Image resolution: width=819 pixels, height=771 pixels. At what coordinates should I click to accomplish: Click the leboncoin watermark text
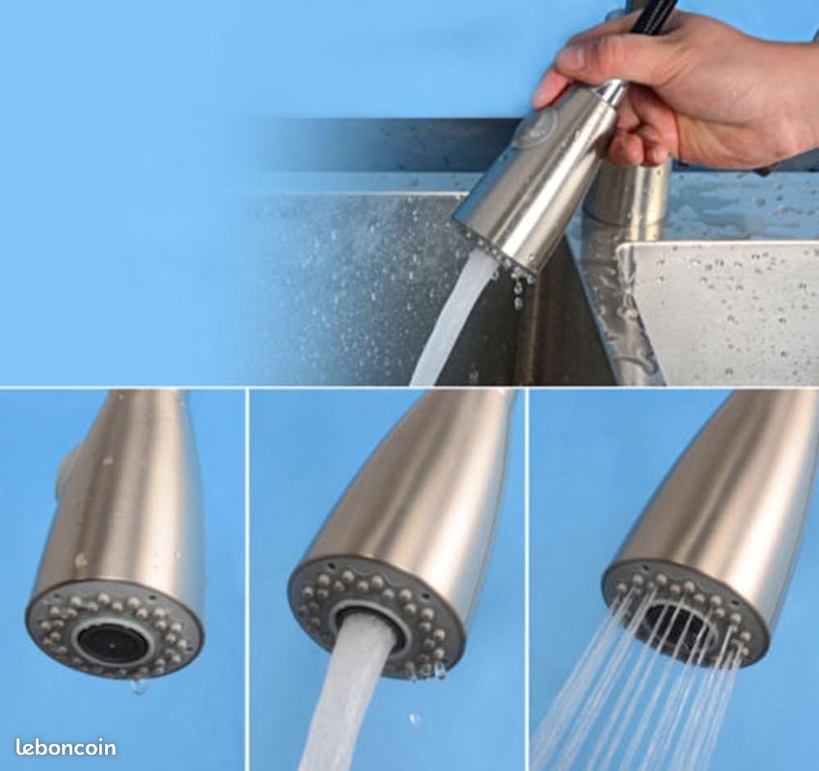click(x=66, y=747)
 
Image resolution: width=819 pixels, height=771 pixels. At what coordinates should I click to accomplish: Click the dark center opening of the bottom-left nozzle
click(x=112, y=642)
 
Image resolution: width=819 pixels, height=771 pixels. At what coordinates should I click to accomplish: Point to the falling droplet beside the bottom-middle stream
click(x=415, y=720)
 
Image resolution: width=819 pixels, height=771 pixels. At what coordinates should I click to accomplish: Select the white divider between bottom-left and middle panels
click(x=247, y=579)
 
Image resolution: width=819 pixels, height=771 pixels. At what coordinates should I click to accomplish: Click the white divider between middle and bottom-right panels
click(x=528, y=579)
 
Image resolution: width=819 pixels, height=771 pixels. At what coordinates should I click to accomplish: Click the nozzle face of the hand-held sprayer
click(x=496, y=251)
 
